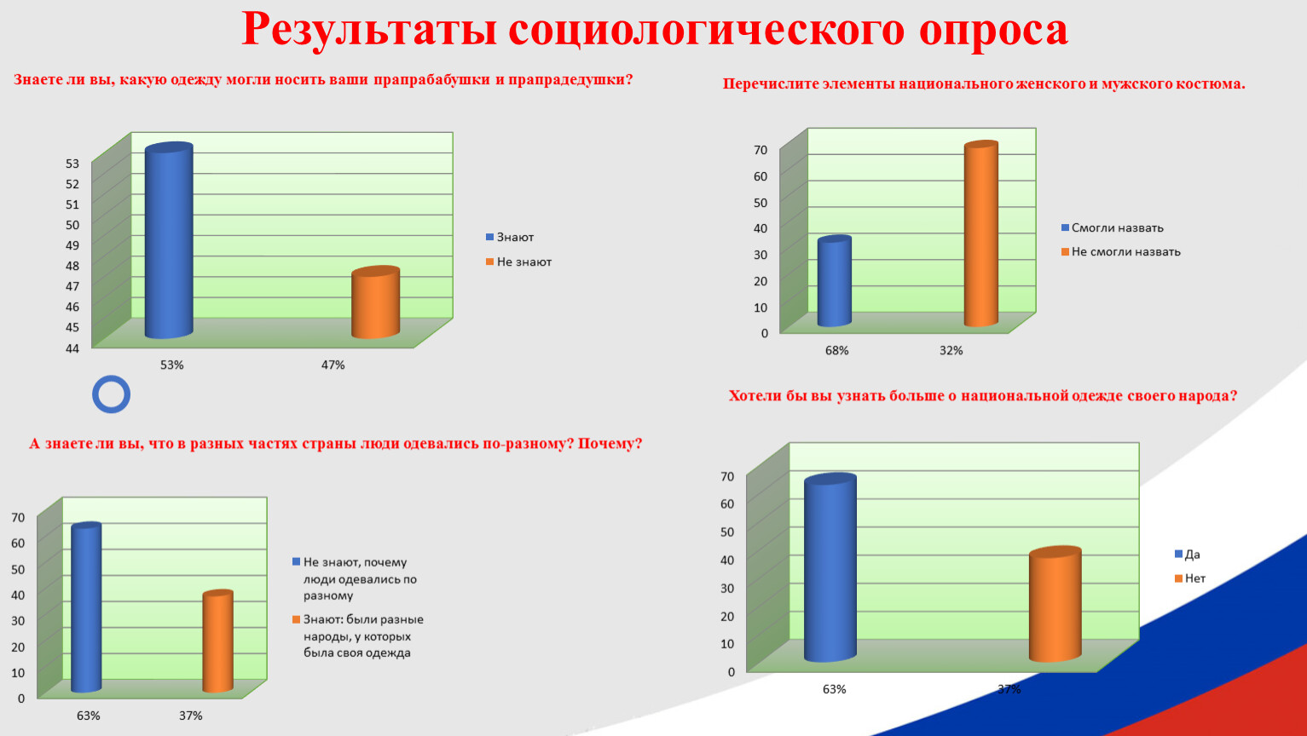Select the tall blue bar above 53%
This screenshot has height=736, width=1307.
point(169,240)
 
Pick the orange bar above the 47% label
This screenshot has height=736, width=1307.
point(375,302)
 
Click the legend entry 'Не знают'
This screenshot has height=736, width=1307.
point(518,262)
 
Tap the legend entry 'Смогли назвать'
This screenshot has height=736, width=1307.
point(1112,228)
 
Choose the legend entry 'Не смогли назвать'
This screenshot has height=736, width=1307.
point(1121,252)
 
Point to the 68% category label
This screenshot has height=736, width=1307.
point(836,350)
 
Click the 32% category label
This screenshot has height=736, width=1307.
point(951,350)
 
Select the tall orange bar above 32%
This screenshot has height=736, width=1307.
point(980,233)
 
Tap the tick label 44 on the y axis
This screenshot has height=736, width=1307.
point(72,348)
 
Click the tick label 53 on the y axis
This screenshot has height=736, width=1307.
point(72,164)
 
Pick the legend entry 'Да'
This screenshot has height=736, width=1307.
point(1188,554)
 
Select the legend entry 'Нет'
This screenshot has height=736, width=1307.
point(1189,578)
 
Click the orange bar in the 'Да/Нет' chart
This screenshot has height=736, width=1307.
point(1055,604)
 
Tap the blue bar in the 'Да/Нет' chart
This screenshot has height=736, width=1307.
point(830,567)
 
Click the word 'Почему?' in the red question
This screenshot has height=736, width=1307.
point(610,444)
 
